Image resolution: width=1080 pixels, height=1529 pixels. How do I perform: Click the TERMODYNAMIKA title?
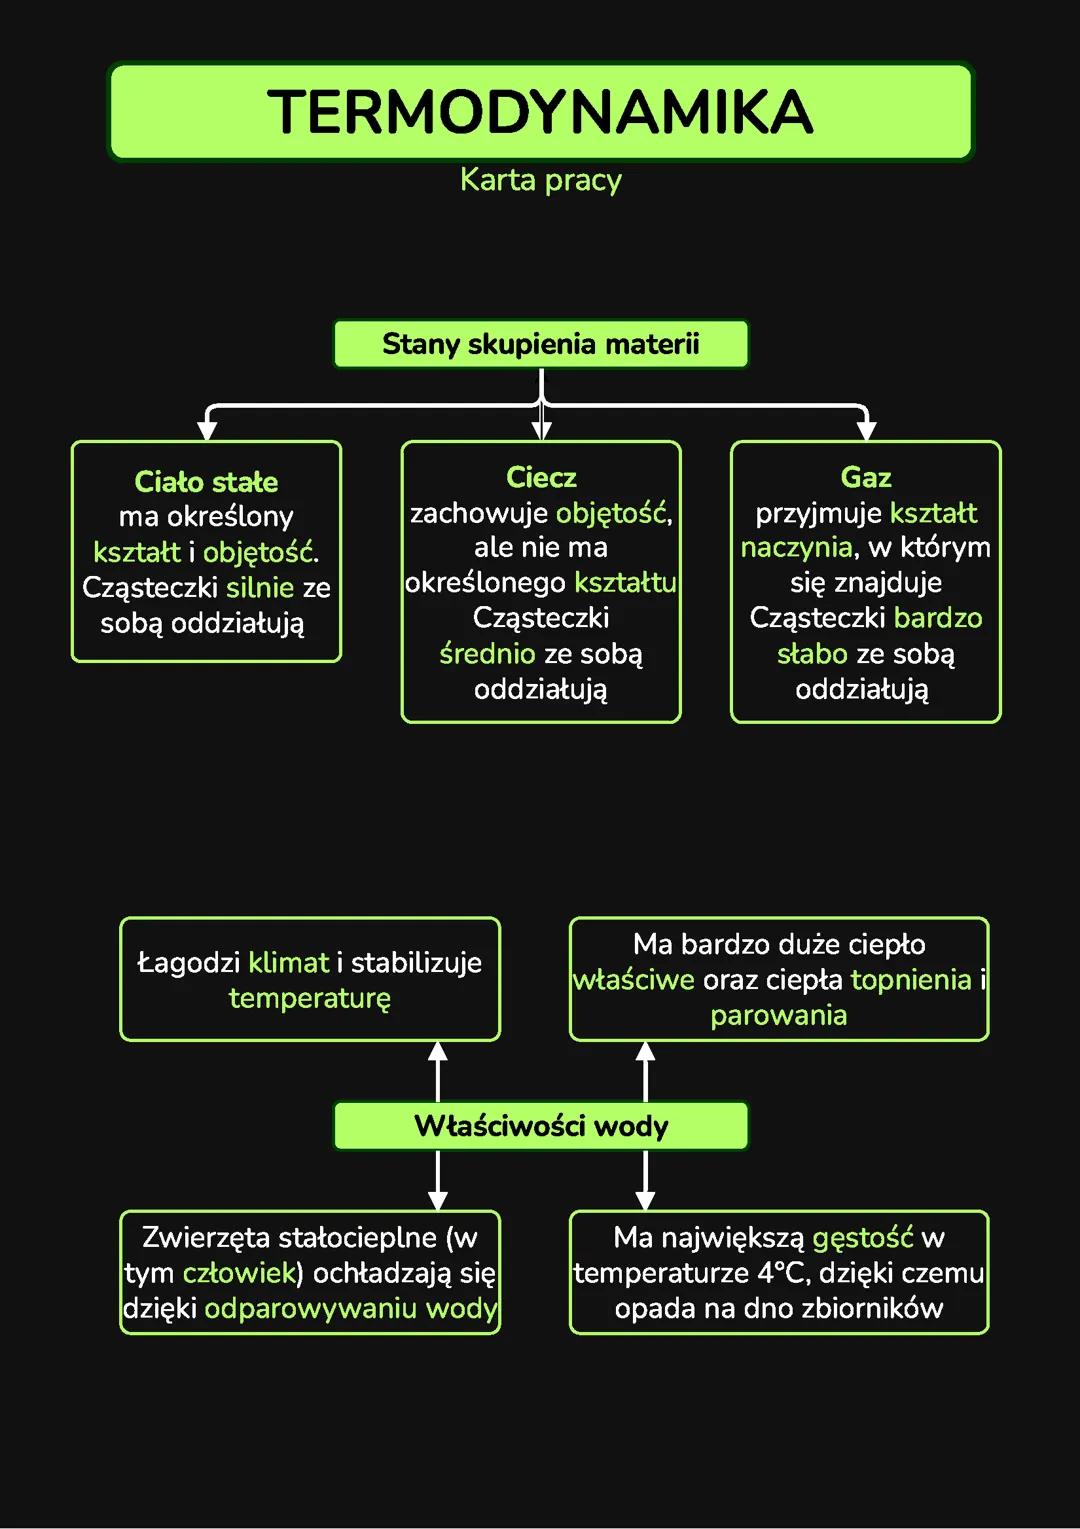click(x=540, y=111)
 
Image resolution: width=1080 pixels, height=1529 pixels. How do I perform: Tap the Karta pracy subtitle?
click(x=540, y=180)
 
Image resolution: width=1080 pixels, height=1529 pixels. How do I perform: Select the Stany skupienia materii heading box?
click(x=540, y=344)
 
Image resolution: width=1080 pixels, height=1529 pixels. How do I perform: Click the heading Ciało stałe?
click(x=206, y=482)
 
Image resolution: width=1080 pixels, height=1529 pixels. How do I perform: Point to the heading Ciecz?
click(x=541, y=477)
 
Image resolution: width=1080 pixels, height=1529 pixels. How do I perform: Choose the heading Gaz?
click(x=866, y=477)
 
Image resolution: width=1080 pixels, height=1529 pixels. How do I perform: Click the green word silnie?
click(x=260, y=587)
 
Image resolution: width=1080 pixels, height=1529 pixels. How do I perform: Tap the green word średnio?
click(x=487, y=654)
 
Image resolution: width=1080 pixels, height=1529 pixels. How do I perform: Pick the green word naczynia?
click(x=796, y=547)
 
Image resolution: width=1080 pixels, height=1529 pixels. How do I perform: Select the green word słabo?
click(x=812, y=654)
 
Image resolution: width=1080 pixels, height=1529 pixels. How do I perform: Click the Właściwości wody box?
click(x=540, y=1126)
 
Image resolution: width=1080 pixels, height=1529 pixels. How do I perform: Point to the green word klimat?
click(x=288, y=962)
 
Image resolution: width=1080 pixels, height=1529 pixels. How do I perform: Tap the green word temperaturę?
click(x=310, y=998)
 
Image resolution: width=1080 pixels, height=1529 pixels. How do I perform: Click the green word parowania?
click(x=778, y=1015)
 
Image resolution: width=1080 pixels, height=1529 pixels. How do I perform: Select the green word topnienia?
click(x=911, y=979)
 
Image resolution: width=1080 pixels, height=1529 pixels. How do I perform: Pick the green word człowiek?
click(x=239, y=1273)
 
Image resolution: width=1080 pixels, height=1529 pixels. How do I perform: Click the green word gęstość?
click(x=863, y=1238)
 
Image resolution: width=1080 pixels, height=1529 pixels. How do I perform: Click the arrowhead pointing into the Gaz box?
click(x=866, y=430)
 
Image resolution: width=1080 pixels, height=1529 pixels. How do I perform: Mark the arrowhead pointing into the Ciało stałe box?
click(x=207, y=430)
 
